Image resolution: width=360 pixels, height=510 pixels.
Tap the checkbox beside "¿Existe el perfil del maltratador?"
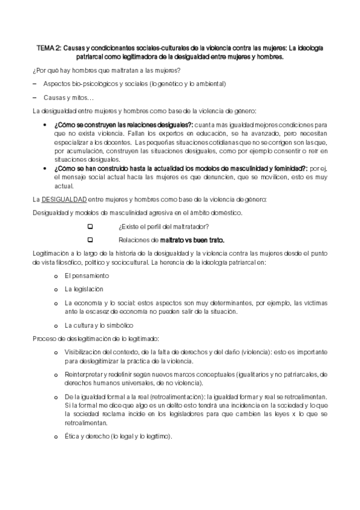tap(90, 226)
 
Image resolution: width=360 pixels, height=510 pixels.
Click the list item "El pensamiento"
tap(87, 275)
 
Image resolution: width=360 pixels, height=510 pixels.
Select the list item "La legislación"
tap(84, 289)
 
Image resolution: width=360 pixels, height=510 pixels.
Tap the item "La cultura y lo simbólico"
tap(99, 325)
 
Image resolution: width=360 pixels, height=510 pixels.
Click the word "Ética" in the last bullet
tap(73, 437)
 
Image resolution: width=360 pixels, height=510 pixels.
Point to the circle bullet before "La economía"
tap(55, 303)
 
